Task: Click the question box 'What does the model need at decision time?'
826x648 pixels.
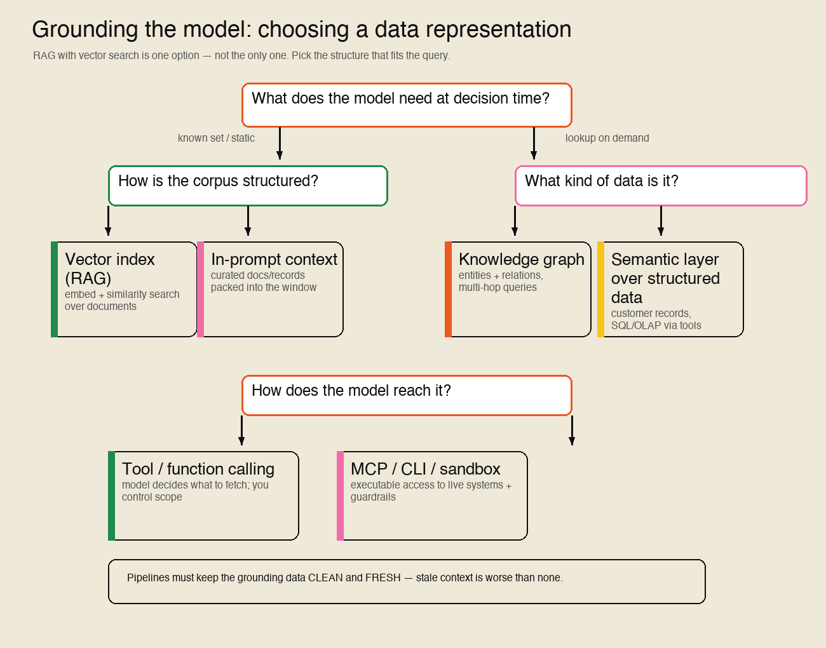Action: coord(407,105)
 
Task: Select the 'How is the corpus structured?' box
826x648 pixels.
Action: coord(248,186)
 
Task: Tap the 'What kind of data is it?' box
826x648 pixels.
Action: coord(661,186)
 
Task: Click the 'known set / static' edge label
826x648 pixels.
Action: coord(216,138)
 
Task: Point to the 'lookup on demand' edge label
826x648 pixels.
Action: coord(607,138)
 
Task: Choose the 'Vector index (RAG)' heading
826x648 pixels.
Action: coord(110,269)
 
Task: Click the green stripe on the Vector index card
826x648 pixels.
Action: coord(55,289)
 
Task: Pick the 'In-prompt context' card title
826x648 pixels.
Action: coord(274,260)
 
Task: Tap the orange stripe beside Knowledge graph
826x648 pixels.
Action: coord(448,289)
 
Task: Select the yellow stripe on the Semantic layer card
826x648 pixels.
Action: coord(600,289)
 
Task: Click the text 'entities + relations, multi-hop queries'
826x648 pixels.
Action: coord(501,281)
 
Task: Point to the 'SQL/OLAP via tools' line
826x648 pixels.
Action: coord(656,326)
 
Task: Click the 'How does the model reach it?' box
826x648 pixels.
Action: coord(407,395)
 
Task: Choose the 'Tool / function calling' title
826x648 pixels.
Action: coord(198,469)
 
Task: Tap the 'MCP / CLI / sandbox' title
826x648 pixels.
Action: coord(425,469)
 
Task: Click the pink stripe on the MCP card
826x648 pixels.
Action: coord(340,496)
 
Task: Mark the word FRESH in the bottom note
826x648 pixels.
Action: coord(383,577)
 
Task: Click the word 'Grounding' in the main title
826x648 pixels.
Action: coord(85,30)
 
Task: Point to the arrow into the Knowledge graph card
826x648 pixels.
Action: coord(515,221)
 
